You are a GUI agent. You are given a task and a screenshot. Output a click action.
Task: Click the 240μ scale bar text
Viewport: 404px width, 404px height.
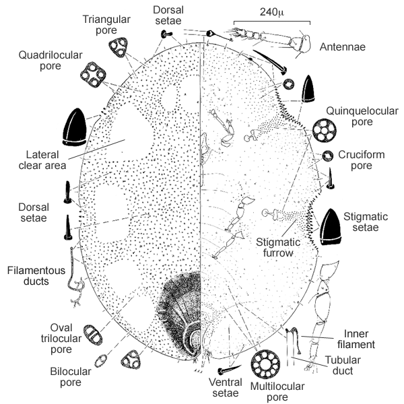(271, 11)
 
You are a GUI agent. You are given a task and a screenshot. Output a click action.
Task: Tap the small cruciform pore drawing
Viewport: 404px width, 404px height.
(327, 156)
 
